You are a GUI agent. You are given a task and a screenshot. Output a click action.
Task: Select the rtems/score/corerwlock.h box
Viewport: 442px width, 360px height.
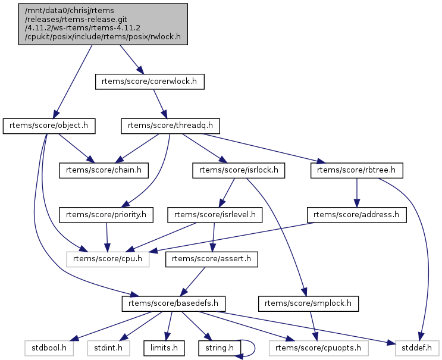click(x=149, y=82)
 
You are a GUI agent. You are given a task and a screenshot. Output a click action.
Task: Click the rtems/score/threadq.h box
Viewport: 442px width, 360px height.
click(x=171, y=126)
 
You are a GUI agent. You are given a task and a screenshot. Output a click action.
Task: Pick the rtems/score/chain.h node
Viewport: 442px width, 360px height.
click(x=104, y=170)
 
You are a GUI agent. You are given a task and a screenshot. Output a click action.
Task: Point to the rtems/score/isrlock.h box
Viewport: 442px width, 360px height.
click(x=239, y=170)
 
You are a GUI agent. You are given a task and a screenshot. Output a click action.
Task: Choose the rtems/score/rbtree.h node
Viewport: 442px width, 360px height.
click(x=357, y=170)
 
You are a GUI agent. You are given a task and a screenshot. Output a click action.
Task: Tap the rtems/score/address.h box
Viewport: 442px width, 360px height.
click(x=357, y=214)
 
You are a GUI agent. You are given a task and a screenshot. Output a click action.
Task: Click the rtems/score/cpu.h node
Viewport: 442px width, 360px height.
click(x=108, y=259)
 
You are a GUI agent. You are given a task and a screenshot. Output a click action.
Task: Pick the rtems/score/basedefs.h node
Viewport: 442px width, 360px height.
click(x=173, y=303)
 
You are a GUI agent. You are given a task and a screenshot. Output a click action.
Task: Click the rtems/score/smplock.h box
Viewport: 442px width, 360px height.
click(x=305, y=303)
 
